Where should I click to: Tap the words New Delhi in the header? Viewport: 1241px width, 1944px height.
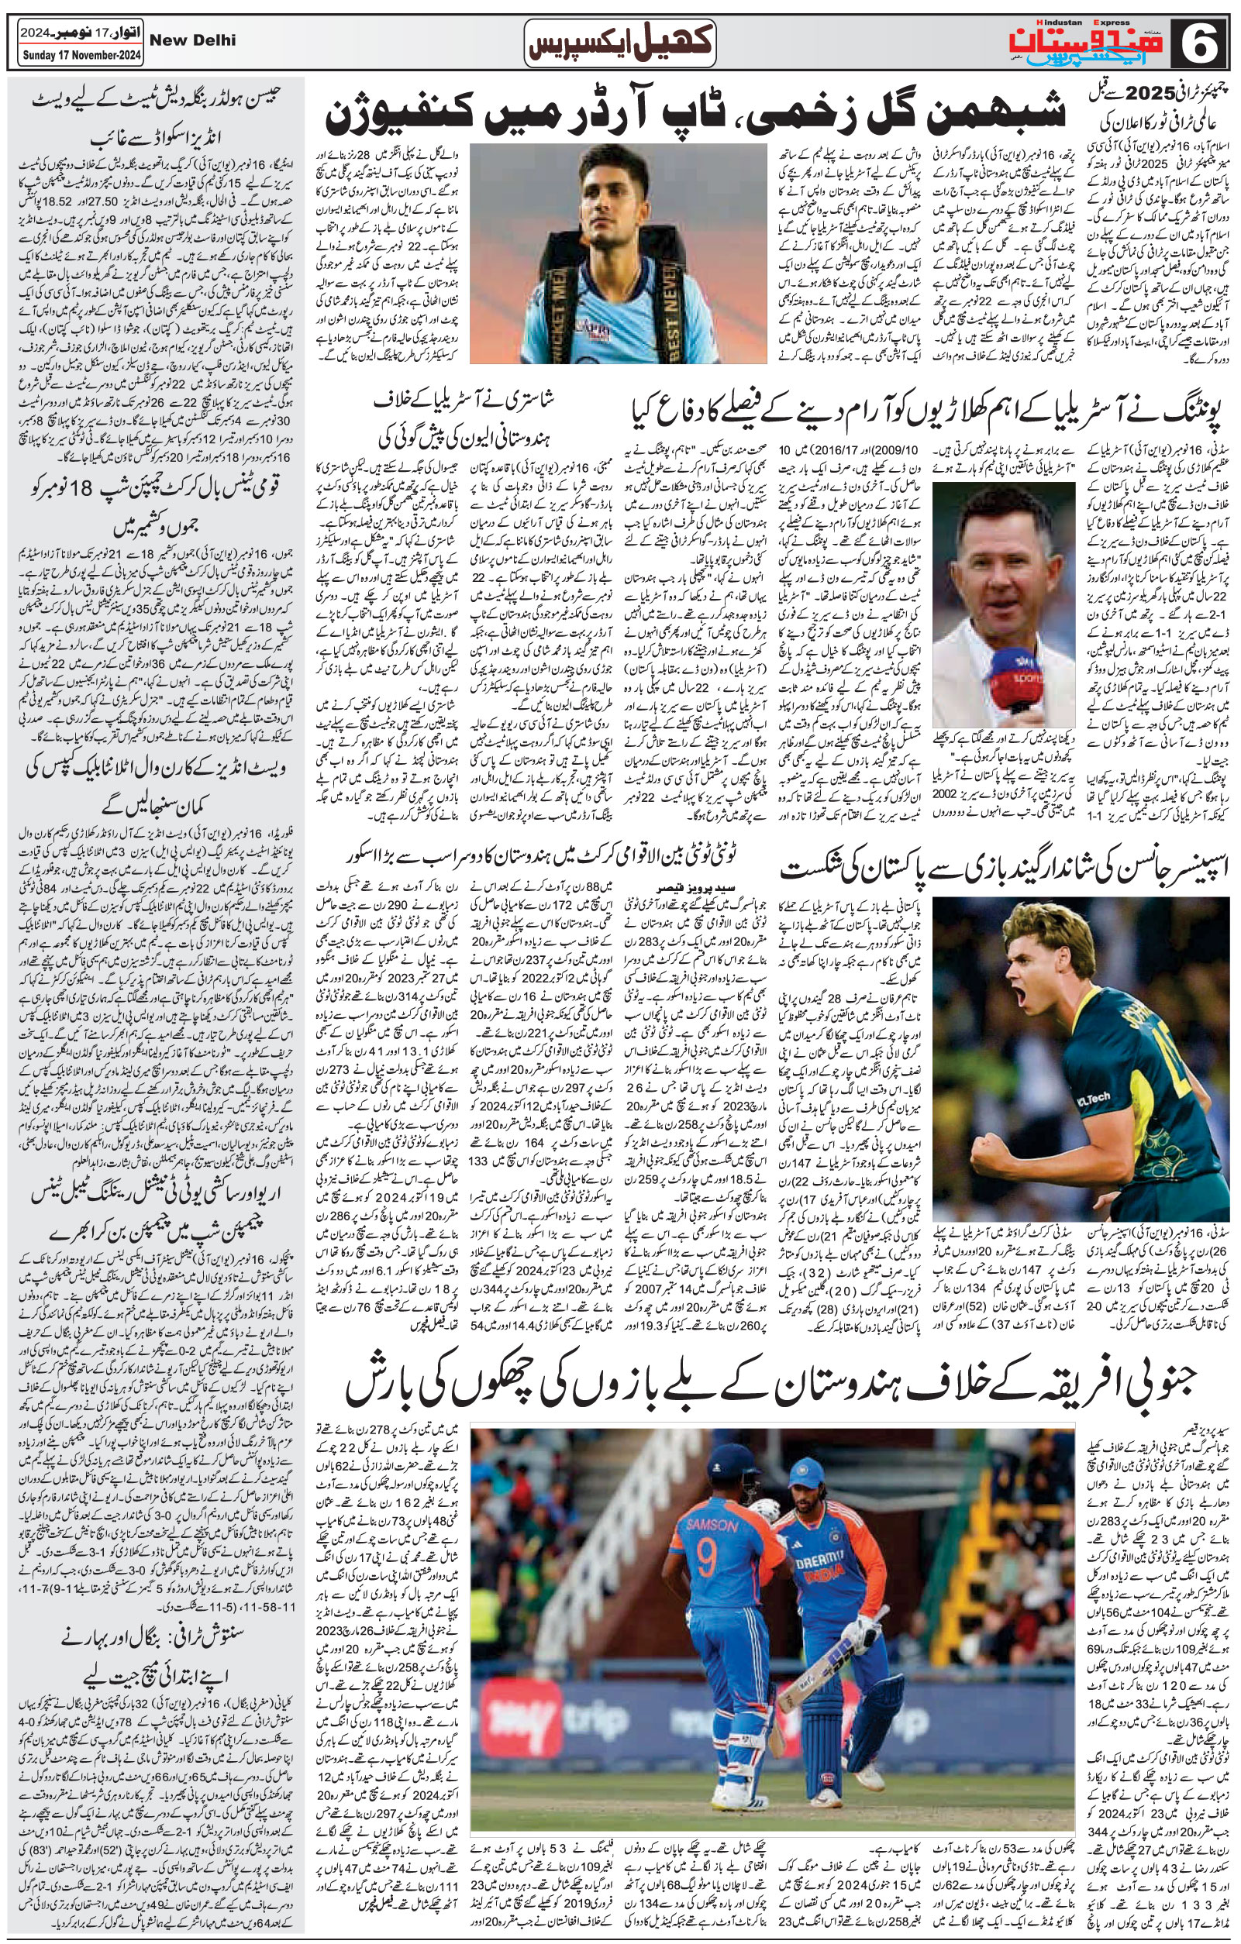click(x=193, y=40)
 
